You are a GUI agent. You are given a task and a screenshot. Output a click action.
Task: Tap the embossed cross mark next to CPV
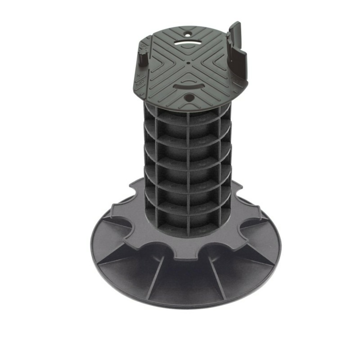139,76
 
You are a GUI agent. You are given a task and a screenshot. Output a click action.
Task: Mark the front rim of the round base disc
187,304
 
